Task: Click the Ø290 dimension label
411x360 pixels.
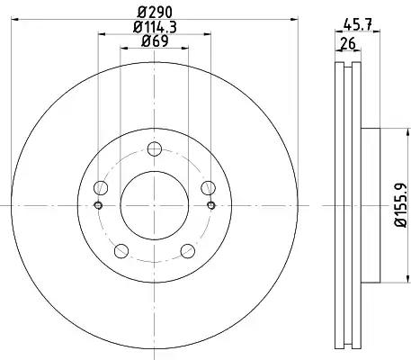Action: pyautogui.click(x=155, y=13)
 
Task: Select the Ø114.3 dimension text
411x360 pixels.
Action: pyautogui.click(x=155, y=27)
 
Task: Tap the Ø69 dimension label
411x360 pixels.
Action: pyautogui.click(x=155, y=41)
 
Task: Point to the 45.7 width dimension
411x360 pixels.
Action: pyautogui.click(x=358, y=23)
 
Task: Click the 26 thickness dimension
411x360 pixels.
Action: pyautogui.click(x=348, y=44)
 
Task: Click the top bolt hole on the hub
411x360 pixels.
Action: pyautogui.click(x=155, y=149)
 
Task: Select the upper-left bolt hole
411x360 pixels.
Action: pyautogui.click(x=101, y=188)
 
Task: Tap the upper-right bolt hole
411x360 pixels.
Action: pyautogui.click(x=208, y=188)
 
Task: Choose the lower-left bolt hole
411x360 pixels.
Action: pyautogui.click(x=121, y=251)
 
